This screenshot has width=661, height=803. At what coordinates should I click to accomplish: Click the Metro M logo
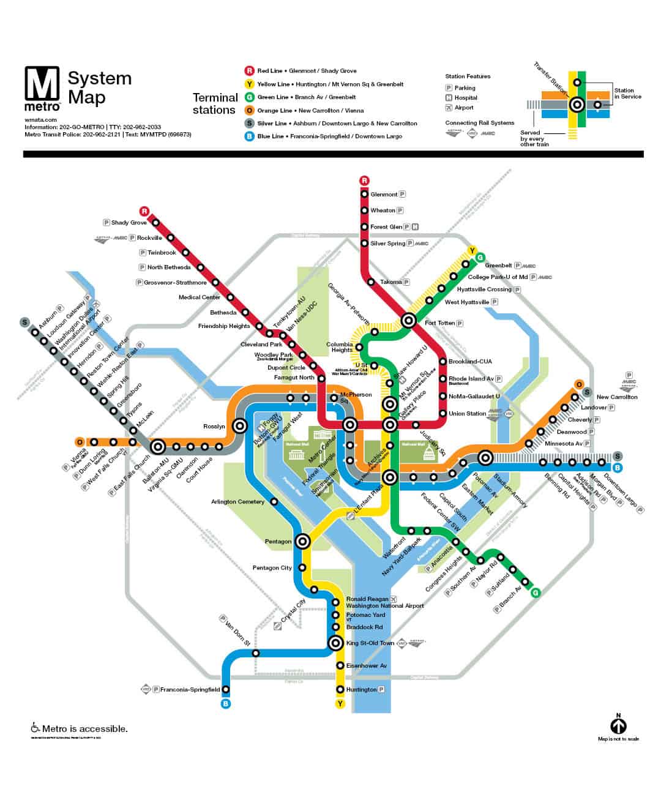coord(42,84)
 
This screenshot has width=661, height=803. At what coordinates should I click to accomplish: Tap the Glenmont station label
coord(384,195)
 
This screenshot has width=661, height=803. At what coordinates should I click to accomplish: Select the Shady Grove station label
coord(129,223)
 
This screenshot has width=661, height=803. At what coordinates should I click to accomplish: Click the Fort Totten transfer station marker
coord(409,320)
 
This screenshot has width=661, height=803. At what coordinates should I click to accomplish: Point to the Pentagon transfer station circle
coord(302,542)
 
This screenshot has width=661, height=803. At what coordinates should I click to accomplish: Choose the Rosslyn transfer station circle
coord(241,427)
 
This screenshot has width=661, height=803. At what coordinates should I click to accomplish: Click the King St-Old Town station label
coord(370,643)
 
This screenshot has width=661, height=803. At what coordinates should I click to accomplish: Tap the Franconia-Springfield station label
coord(190,690)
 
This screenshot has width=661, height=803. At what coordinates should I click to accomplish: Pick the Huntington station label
coord(361,690)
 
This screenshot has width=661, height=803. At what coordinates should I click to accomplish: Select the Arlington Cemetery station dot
coord(274,502)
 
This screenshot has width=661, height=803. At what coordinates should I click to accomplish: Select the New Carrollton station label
coord(617,397)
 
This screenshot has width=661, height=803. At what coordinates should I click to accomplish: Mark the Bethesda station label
coord(223,313)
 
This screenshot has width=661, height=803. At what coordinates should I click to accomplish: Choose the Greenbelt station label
coord(498,266)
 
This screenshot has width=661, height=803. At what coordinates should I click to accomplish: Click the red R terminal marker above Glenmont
coord(365,181)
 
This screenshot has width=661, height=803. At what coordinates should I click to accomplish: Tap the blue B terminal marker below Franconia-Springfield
coord(225,704)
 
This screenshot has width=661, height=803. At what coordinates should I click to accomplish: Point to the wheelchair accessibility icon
coord(35,728)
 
